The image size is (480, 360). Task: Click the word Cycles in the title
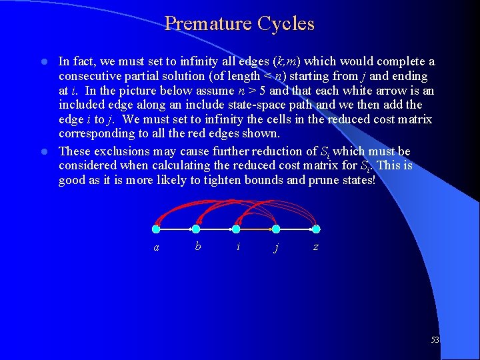pyautogui.click(x=288, y=24)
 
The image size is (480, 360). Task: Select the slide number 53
pyautogui.click(x=435, y=340)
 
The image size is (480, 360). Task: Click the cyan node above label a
pyautogui.click(x=156, y=229)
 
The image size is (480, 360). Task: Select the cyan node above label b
pyautogui.click(x=196, y=229)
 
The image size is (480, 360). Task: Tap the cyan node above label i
pyautogui.click(x=236, y=229)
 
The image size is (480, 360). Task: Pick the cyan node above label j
pyautogui.click(x=276, y=229)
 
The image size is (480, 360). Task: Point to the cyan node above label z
pyautogui.click(x=316, y=229)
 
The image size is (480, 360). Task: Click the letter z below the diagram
pyautogui.click(x=315, y=247)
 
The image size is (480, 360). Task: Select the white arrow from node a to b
pyautogui.click(x=176, y=229)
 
